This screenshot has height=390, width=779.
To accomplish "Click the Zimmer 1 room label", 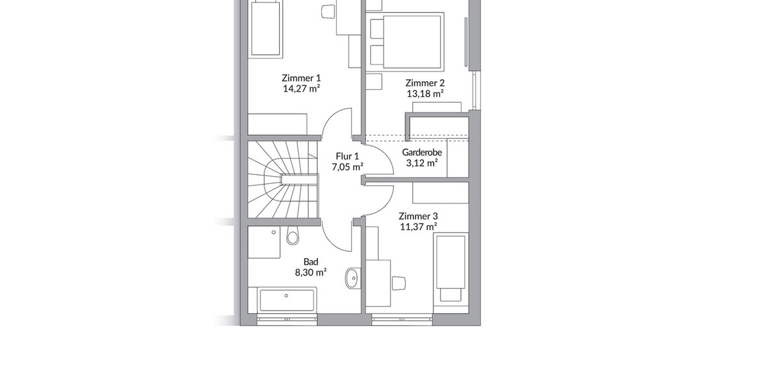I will pos(302,77).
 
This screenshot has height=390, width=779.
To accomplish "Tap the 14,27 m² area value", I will pos(302,88).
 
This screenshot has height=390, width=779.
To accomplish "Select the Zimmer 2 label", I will pos(425,83).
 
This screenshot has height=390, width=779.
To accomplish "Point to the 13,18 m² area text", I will pos(425,94).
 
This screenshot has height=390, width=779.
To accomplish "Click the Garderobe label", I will pos(422,152).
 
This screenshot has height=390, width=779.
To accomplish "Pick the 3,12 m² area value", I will pos(422,163).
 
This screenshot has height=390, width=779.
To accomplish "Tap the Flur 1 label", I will pos(347,156).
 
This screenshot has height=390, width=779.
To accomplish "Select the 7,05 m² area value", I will pos(347,167).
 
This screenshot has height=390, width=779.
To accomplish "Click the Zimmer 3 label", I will pos(419,216).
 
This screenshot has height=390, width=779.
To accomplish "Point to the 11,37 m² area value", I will pos(419,227).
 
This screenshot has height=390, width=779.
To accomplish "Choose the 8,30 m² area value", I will pos(310,272).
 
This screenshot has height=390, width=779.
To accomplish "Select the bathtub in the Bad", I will pos(286,300).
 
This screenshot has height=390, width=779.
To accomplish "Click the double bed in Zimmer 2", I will pos(406,40).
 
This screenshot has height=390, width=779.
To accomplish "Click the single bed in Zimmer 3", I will pos(450,268).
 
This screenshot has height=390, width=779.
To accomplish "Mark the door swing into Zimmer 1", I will pos(338,123).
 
